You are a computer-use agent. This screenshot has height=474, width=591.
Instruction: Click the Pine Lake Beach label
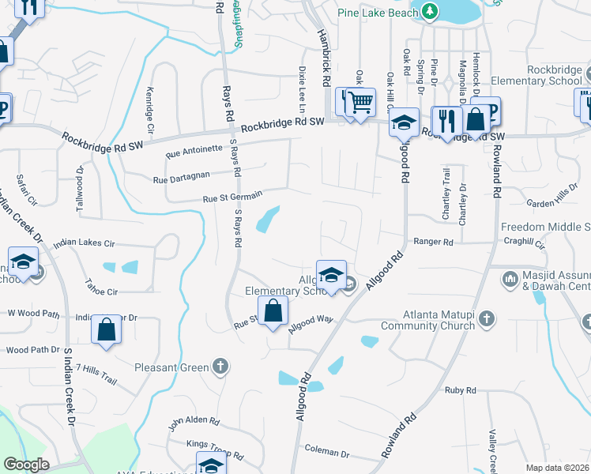pos(378,13)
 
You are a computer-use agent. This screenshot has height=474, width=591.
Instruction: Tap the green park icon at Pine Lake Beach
pos(429,12)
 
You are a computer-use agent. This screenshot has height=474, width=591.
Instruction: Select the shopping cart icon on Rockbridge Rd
pos(360,101)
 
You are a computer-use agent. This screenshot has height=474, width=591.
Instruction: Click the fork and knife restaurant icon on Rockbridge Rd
pos(448,120)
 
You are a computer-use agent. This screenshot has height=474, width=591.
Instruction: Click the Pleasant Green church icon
pos(220,367)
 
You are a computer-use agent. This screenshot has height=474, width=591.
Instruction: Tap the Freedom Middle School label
pos(545,228)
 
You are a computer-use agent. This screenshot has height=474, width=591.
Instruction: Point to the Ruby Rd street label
pos(460,390)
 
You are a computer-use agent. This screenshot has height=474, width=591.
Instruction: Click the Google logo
pos(25,465)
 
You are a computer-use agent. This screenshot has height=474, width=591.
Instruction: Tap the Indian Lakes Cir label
pos(93,245)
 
